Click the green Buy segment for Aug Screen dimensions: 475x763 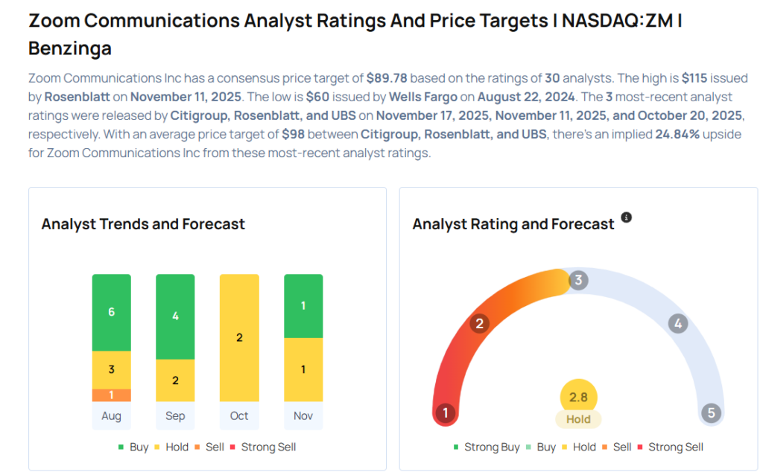point(112,312)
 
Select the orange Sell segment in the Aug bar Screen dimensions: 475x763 point(112,395)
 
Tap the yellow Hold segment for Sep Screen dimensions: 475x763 point(175,380)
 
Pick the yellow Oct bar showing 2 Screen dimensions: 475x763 point(239,337)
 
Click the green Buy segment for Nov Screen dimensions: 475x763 point(303,306)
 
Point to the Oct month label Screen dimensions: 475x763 point(239,415)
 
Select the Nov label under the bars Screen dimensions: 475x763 point(303,415)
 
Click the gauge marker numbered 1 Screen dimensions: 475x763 point(446,412)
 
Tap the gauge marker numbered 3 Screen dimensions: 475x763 point(578,280)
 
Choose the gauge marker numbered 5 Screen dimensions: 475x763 point(711,412)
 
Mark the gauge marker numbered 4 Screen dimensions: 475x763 point(677,323)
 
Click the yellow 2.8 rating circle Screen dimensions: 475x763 point(578,397)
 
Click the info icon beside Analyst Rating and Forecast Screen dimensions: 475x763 point(627,217)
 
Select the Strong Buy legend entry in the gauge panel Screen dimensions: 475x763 point(486,447)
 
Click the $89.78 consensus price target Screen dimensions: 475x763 point(387,77)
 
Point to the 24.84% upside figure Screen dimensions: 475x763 point(677,134)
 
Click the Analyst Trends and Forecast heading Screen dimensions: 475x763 point(143,224)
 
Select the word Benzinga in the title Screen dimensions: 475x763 point(70,48)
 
